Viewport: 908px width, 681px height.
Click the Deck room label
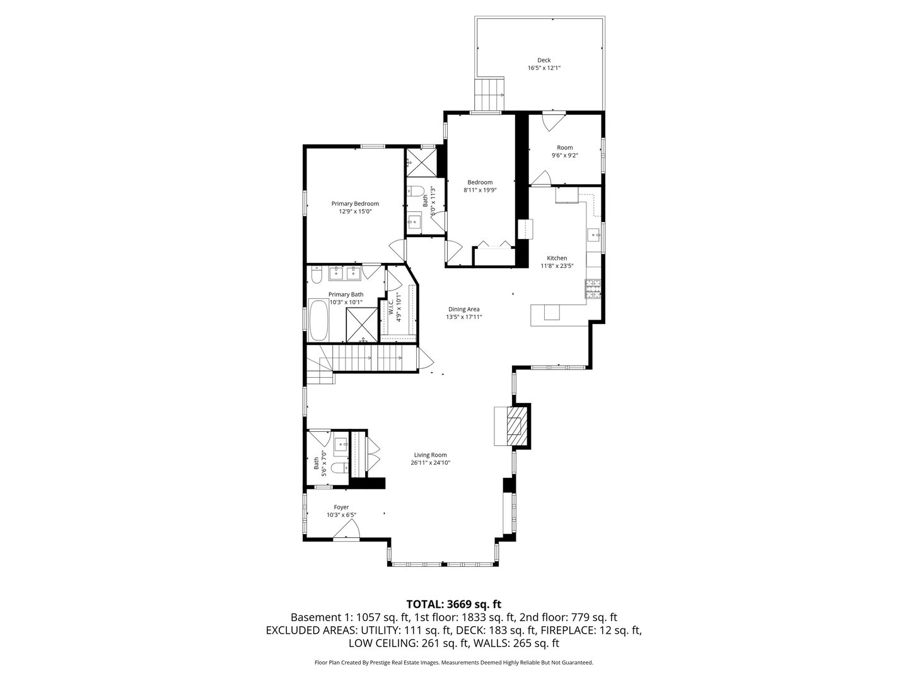point(544,61)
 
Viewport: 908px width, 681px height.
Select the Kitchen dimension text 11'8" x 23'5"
point(557,266)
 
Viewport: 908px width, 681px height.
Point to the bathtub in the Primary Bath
point(319,321)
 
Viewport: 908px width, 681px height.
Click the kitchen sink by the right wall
point(594,235)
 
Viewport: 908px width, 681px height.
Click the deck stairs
point(491,95)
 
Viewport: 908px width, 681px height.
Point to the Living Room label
point(430,455)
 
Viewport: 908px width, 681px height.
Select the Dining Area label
point(463,309)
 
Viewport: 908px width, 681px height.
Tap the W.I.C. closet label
point(392,307)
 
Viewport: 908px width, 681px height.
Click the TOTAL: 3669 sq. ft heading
point(453,603)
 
